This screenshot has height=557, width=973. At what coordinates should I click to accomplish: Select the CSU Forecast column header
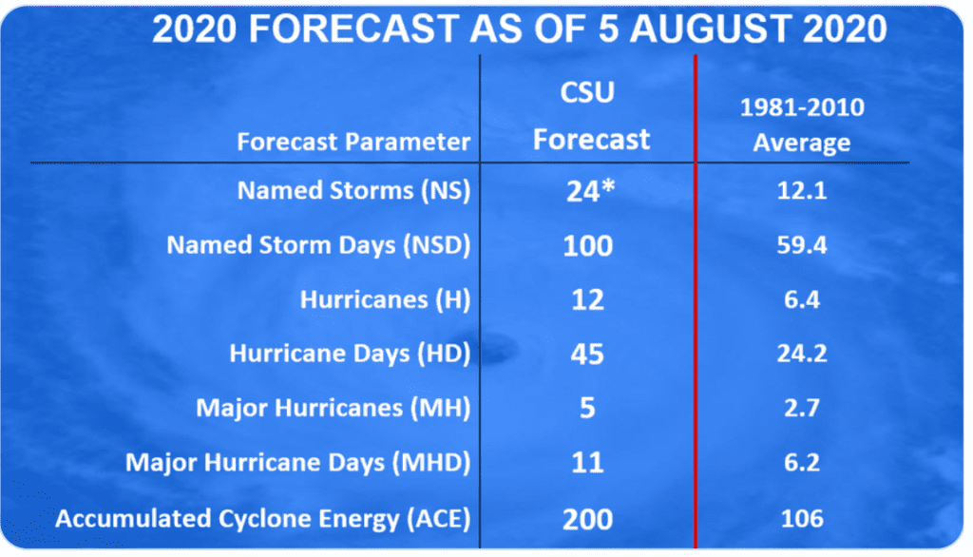tap(591, 116)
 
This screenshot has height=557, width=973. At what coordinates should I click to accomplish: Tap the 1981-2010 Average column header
tap(802, 125)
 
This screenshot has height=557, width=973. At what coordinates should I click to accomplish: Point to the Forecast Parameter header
tap(353, 142)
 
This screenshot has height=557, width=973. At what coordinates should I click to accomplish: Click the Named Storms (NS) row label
tap(353, 191)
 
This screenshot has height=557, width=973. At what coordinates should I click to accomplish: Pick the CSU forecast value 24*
tap(590, 191)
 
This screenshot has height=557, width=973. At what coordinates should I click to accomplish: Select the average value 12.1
tap(802, 191)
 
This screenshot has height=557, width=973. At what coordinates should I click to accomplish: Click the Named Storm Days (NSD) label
tap(318, 245)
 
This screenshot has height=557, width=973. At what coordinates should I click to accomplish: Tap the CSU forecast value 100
tap(587, 245)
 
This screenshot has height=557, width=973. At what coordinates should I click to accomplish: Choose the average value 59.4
tap(802, 245)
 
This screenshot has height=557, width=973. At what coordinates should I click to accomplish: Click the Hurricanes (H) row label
tap(386, 300)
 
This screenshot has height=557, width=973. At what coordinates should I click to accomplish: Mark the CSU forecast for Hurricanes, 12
tap(587, 300)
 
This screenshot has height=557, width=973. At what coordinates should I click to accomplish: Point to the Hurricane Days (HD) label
tap(350, 354)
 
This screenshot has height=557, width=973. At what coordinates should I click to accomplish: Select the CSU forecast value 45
tap(587, 354)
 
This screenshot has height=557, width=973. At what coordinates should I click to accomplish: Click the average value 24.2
tap(802, 354)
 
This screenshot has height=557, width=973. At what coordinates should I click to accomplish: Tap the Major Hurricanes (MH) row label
tap(334, 408)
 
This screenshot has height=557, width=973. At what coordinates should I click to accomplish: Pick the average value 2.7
tap(802, 408)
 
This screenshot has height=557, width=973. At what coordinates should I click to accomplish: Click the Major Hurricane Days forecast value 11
tap(587, 463)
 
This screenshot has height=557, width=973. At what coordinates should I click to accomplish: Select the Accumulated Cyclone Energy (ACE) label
tap(263, 518)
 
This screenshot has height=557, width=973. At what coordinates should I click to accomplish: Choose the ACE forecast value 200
tap(587, 519)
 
